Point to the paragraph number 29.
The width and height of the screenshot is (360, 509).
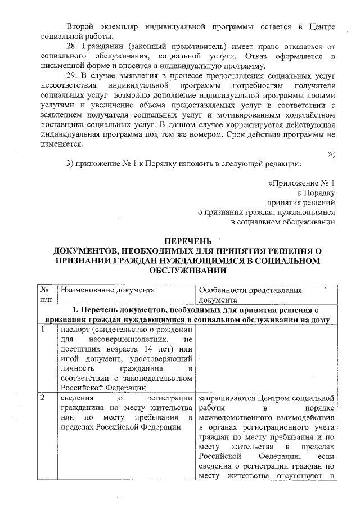72,75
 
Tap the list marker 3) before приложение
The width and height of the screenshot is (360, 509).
70,164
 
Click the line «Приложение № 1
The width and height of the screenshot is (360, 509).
302,183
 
